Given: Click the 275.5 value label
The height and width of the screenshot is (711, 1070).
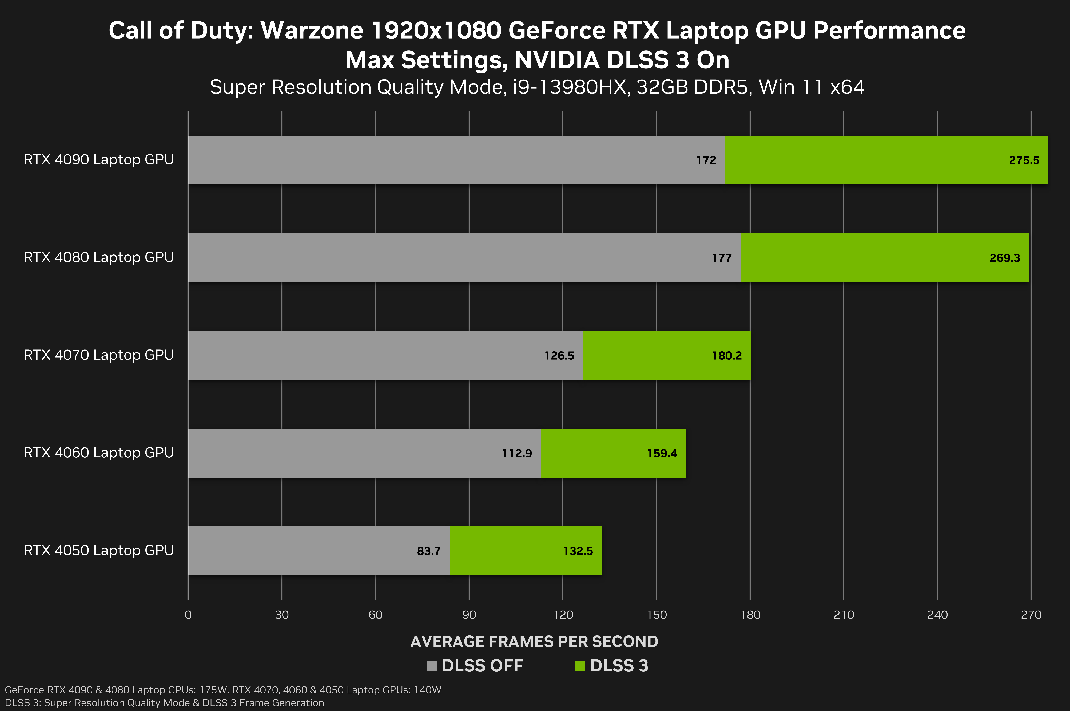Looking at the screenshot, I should tap(1024, 160).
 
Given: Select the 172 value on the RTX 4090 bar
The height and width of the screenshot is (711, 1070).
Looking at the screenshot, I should tap(706, 160).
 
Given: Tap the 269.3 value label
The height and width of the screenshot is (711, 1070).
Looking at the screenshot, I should tap(1004, 258).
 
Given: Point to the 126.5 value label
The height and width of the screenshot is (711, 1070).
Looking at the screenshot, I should tap(559, 356).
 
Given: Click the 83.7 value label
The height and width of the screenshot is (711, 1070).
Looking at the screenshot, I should tap(428, 551).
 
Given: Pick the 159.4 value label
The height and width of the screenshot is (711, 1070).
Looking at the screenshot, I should tap(662, 453).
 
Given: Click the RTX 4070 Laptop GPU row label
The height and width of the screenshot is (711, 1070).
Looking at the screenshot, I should tap(99, 355).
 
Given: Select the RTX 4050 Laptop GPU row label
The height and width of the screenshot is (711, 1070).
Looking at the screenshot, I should tap(99, 551).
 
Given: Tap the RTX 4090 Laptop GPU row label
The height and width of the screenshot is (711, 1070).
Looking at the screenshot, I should tap(99, 160).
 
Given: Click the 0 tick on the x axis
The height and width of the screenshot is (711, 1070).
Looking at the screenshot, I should tap(188, 615).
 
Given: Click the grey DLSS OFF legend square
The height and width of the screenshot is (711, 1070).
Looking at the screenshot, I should tap(431, 666).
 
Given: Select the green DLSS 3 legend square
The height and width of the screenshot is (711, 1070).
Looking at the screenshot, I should tap(580, 666).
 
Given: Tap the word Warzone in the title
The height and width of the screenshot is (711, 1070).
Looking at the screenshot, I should tap(312, 31).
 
